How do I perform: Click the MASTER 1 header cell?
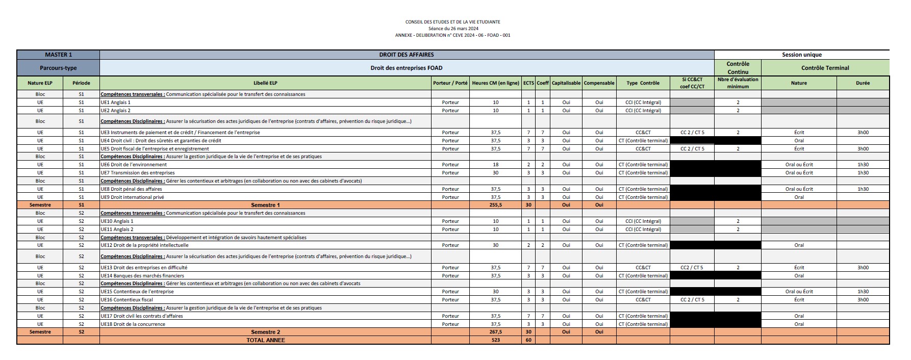click(x=58, y=55)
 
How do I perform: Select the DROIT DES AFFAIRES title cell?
click(x=407, y=55)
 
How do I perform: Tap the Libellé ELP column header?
click(x=265, y=83)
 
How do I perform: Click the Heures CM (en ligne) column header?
click(x=495, y=83)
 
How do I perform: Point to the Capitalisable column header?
click(x=566, y=83)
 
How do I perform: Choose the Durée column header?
click(x=863, y=83)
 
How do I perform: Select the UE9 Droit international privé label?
click(x=132, y=197)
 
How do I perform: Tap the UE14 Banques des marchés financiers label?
click(x=142, y=276)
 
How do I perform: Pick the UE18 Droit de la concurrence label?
click(x=133, y=324)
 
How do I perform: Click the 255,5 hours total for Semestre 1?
click(x=495, y=205)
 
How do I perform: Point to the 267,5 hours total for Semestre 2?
click(x=495, y=332)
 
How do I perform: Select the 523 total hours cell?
click(x=495, y=340)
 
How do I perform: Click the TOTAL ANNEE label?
click(x=265, y=340)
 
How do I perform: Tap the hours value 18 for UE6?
click(x=495, y=165)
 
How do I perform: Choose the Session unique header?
click(x=801, y=55)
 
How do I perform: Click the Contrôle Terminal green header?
click(x=825, y=68)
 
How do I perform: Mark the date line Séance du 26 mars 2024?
click(x=453, y=29)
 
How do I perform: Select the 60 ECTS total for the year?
click(x=528, y=340)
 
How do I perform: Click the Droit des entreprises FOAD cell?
click(x=407, y=68)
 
